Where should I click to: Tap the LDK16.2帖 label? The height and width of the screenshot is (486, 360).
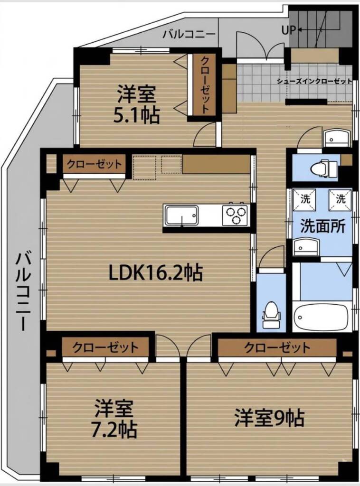click(156, 272)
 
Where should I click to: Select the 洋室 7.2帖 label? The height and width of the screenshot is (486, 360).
click(114, 419)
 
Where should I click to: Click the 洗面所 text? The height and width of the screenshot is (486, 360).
click(322, 226)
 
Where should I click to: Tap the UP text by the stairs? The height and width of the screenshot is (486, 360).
click(289, 30)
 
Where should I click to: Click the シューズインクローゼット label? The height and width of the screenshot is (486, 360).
click(314, 82)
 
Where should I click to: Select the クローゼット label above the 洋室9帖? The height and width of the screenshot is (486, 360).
click(277, 347)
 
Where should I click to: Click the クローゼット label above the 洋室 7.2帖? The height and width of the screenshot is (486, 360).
click(105, 347)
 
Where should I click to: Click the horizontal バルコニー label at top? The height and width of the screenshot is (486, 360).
click(189, 34)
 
